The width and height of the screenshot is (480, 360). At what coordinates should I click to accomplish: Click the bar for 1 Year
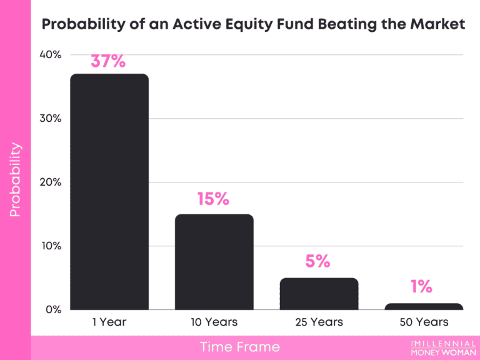(x=109, y=191)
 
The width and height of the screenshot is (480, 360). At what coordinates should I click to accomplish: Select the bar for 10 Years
(x=214, y=261)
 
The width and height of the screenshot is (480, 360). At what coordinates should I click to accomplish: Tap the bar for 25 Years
(x=319, y=293)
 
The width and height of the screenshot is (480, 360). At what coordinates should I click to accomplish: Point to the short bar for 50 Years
(x=424, y=306)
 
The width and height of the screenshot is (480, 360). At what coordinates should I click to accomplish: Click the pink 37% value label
(x=108, y=61)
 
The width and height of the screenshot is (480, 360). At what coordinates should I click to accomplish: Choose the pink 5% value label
(x=317, y=261)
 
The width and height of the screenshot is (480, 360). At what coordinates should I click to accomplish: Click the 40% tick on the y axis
(x=49, y=54)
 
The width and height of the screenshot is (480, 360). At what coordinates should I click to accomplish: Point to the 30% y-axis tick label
(x=49, y=118)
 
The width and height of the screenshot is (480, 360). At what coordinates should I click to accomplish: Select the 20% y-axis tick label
(x=49, y=182)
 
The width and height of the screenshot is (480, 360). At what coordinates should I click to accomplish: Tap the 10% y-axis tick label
(x=50, y=246)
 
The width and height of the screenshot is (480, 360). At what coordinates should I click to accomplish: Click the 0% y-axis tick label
(x=52, y=309)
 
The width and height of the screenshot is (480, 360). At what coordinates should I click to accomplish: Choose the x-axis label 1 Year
(x=109, y=322)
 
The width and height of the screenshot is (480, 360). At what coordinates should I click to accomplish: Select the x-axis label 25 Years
(x=319, y=322)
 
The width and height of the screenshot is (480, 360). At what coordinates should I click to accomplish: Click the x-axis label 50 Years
(x=424, y=322)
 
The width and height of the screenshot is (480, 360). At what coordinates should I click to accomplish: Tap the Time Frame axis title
(x=240, y=347)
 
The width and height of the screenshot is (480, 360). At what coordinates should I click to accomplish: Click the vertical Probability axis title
(x=15, y=180)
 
